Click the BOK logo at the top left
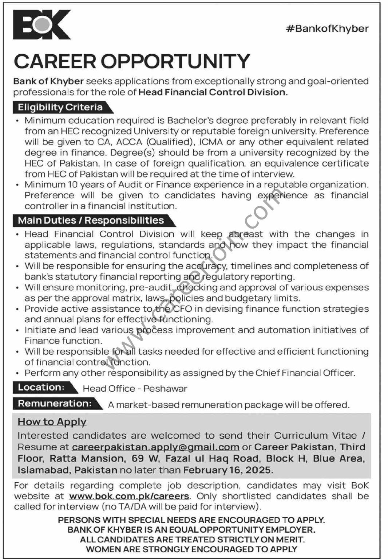[41, 24]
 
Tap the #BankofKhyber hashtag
[327, 29]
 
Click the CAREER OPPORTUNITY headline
[132, 61]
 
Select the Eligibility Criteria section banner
[60, 108]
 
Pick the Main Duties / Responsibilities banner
[91, 221]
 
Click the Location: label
[41, 387]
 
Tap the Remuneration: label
[55, 404]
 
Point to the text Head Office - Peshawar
[135, 389]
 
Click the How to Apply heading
[52, 422]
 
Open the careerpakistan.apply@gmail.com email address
[155, 447]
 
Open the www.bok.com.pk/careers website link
[129, 496]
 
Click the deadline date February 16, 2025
[228, 470]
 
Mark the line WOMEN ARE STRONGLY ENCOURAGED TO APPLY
[191, 549]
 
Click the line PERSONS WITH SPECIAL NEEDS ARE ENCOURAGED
[191, 520]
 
